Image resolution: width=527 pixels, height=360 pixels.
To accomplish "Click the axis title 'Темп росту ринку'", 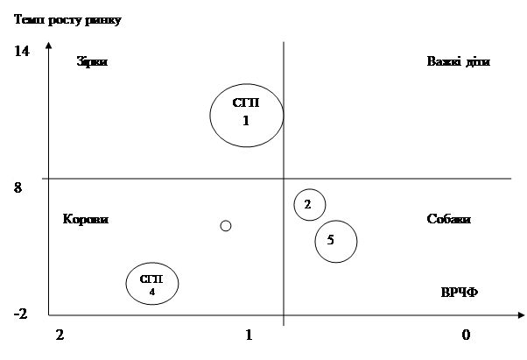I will pos(68,18).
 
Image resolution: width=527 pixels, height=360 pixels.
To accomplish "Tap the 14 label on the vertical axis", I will pos(23,52).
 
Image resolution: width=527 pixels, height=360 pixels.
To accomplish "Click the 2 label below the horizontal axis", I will pos(60,335).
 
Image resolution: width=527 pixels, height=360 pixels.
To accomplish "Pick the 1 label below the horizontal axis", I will pos(249,335).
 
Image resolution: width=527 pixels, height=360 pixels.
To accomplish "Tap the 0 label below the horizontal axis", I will pos(466,335).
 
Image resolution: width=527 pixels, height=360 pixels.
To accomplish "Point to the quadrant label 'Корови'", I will pos(86,219).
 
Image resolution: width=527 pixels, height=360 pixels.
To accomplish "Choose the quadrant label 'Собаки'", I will pos(449,219).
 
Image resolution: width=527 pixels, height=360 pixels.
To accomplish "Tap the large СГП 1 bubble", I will pos(246,114).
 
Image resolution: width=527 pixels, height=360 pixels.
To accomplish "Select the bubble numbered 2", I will pos(308,205).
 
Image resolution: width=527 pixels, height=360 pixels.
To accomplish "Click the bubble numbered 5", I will pos(335,241).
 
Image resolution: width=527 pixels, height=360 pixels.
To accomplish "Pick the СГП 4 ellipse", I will pos(151,283).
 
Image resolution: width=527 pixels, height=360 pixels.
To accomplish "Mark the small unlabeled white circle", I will pos(226,226).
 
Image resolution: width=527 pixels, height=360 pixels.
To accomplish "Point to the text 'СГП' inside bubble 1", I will pos(246,102).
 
